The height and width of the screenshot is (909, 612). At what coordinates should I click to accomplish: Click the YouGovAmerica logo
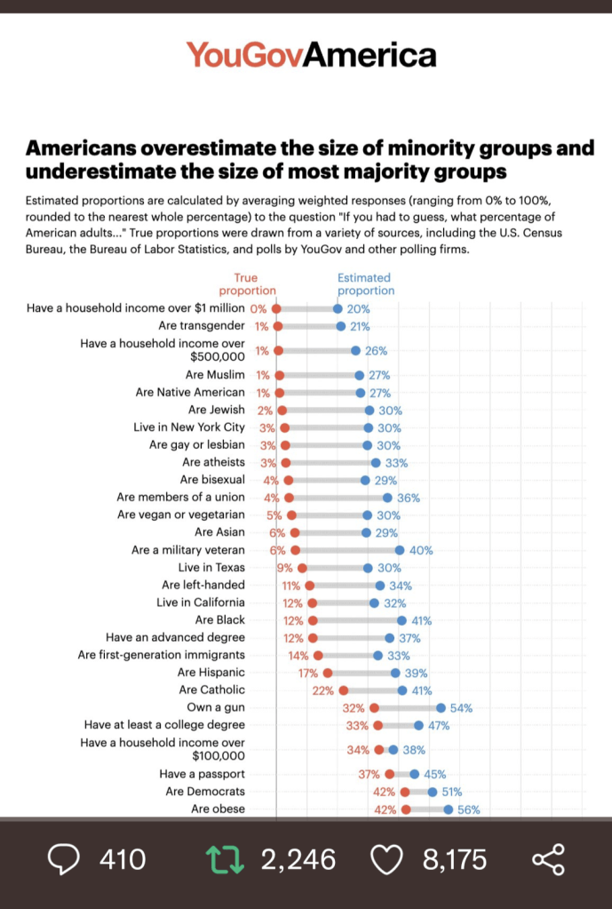coord(311,55)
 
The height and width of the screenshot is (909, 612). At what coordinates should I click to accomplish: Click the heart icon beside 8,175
coord(385,859)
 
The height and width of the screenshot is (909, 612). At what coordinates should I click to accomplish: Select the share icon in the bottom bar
coord(547,859)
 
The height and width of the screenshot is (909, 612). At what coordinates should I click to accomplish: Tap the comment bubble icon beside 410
coord(63,859)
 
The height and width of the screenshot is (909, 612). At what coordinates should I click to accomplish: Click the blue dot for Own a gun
coord(441,708)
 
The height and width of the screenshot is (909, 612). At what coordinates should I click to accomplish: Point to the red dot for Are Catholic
coord(344,690)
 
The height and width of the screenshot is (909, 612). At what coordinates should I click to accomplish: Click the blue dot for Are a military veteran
coord(400,551)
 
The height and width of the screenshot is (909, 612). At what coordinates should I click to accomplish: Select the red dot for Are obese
coord(406,809)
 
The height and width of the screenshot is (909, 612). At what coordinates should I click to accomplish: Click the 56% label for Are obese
coord(469,809)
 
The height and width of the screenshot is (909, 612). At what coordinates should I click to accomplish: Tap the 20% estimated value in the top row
coord(358,309)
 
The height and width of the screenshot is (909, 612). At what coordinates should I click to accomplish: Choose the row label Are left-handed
coord(203,586)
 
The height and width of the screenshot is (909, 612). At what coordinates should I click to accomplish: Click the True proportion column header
coord(247,284)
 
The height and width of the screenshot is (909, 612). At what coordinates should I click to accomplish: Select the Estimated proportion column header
coord(365,284)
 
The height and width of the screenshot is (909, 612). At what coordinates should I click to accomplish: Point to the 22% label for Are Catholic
coord(322,690)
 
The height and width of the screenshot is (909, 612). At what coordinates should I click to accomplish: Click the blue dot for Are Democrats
coord(433,792)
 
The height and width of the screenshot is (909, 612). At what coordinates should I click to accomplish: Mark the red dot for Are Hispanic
coord(328,673)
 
